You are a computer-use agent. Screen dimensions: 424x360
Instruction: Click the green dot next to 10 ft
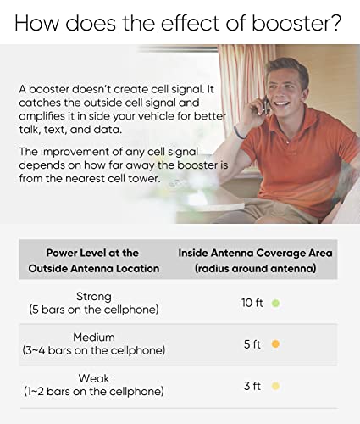(276, 303)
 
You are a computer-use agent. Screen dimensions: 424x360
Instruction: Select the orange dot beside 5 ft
(276, 344)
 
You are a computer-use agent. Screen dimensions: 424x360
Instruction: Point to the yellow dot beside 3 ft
(276, 386)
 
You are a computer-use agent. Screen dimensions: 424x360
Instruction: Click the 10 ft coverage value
(252, 303)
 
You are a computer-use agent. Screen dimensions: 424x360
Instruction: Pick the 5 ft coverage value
(252, 344)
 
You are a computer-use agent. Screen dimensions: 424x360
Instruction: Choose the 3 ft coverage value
(252, 386)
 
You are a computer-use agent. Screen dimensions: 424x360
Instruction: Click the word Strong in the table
(93, 295)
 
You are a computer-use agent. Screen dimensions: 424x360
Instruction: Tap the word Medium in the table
(93, 337)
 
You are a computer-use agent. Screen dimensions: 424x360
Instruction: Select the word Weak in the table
(93, 378)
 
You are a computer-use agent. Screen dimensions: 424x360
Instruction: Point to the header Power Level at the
(92, 253)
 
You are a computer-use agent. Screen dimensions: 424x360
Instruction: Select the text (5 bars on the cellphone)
(93, 309)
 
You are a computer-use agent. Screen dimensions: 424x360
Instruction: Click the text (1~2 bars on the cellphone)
(93, 392)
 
